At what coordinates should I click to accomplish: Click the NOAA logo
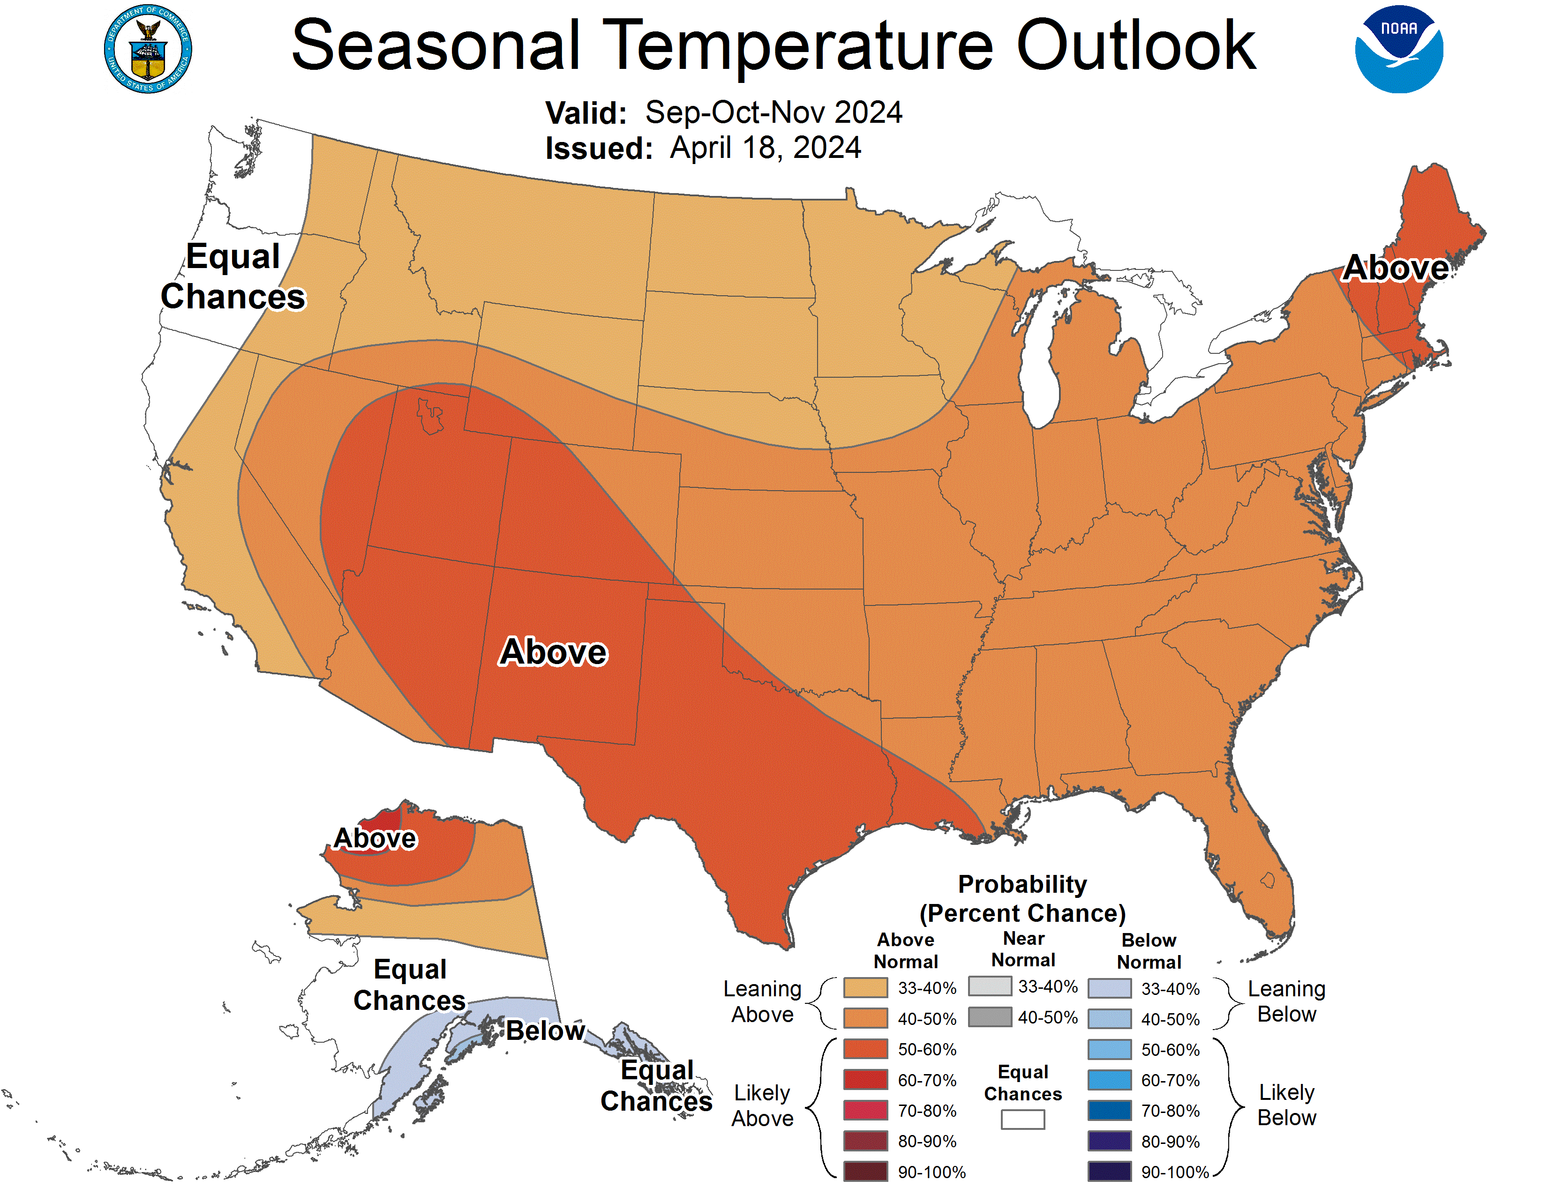1398,50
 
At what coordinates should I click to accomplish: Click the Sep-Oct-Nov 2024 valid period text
773,112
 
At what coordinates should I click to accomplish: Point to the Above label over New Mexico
553,651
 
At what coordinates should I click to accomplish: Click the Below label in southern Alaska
545,1031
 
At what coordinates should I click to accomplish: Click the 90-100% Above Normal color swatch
865,1172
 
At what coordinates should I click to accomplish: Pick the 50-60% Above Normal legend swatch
865,1049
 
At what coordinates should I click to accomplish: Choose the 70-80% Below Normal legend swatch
1109,1111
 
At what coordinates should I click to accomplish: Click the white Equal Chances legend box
1022,1119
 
